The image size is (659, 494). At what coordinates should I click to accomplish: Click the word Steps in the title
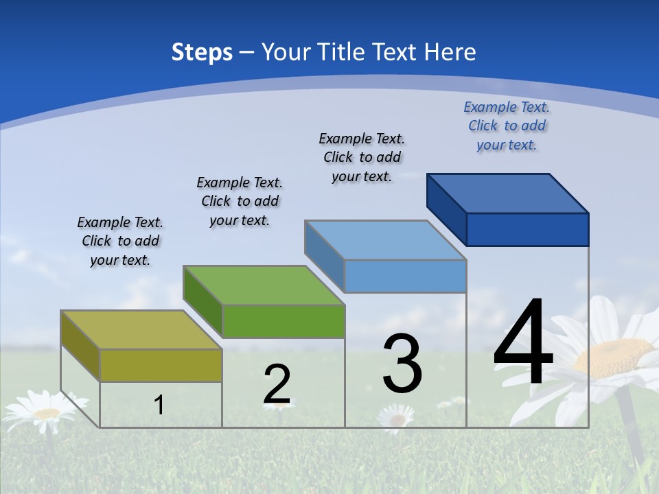click(x=202, y=52)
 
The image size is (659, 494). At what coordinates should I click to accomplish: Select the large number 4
click(x=523, y=343)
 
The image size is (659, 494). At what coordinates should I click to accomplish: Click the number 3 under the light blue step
click(x=402, y=364)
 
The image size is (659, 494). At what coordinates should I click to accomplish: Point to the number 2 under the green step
click(x=277, y=385)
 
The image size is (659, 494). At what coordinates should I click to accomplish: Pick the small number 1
click(x=159, y=405)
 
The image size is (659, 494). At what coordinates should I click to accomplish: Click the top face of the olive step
click(x=141, y=330)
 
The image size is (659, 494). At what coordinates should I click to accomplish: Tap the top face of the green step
click(x=264, y=285)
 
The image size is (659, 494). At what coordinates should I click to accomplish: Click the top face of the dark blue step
click(x=508, y=193)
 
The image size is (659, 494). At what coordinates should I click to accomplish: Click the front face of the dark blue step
click(x=527, y=229)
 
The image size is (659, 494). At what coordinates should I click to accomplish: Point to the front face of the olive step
click(x=161, y=365)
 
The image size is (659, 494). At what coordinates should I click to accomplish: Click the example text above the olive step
click(x=120, y=241)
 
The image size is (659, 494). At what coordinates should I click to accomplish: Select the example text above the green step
click(x=240, y=201)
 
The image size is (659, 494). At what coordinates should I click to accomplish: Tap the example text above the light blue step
click(x=362, y=157)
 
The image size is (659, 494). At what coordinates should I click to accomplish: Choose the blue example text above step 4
click(x=507, y=126)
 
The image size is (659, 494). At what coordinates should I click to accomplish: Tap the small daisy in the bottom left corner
click(x=45, y=412)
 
